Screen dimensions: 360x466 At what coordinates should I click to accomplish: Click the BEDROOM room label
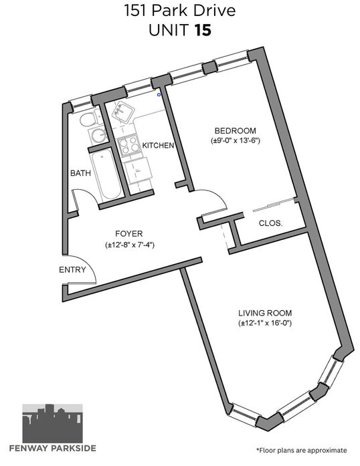[x=235, y=131]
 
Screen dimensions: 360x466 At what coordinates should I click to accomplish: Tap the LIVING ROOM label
[x=265, y=313]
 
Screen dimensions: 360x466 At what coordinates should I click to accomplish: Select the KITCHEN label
[x=158, y=145]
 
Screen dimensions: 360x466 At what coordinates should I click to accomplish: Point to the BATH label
[x=80, y=173]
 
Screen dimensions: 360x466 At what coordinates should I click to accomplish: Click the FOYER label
[x=129, y=233]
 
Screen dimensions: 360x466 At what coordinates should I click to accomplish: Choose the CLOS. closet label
[x=270, y=223]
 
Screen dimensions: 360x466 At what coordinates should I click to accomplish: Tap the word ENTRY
[x=72, y=270]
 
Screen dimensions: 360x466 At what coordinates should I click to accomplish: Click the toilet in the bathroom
[x=90, y=118]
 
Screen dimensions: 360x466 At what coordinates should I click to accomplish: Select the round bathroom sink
[x=99, y=136]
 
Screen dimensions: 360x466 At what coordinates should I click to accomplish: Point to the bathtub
[x=106, y=176]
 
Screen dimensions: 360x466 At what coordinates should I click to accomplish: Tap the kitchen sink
[x=123, y=112]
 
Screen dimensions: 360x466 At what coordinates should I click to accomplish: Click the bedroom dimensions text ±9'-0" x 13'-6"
[x=235, y=140]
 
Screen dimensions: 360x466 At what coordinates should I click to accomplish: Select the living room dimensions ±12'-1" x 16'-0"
[x=265, y=323]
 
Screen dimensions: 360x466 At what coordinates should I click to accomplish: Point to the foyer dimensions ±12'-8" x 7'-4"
[x=130, y=245]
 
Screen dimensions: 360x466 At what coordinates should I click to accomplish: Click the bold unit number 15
[x=203, y=30]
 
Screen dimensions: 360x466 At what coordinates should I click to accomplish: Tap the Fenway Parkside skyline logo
[x=53, y=423]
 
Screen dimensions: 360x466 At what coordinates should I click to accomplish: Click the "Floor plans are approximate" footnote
[x=301, y=450]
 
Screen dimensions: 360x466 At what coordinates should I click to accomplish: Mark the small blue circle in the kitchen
[x=159, y=95]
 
